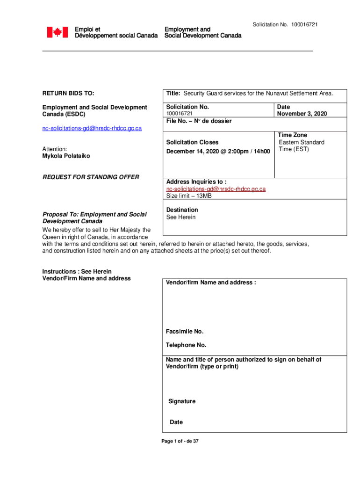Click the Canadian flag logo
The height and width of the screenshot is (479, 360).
click(57, 32)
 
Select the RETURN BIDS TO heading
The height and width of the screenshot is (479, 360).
click(68, 94)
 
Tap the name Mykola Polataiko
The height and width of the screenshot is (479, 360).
click(66, 156)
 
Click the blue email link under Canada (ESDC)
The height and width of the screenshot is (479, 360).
click(92, 128)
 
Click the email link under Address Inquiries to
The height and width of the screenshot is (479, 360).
click(216, 189)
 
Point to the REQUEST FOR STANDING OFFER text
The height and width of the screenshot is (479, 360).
click(91, 177)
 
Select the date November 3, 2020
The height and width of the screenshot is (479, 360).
click(302, 114)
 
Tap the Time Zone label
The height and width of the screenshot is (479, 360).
click(293, 135)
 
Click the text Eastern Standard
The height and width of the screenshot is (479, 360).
click(302, 142)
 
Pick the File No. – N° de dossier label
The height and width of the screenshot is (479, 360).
click(198, 121)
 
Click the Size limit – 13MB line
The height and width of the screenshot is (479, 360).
click(189, 196)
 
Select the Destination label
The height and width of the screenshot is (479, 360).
click(182, 210)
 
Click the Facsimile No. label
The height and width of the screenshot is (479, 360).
click(185, 332)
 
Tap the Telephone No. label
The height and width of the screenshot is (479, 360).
click(186, 345)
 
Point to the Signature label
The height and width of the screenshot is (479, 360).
click(182, 401)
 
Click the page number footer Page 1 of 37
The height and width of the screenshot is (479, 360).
click(180, 441)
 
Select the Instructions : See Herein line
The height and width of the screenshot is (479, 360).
click(77, 271)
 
